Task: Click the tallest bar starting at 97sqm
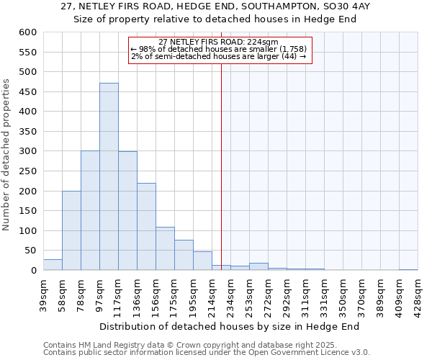(x=109, y=176)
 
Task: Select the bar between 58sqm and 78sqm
(x=71, y=230)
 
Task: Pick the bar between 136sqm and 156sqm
(x=146, y=227)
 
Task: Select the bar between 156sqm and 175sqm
(x=165, y=249)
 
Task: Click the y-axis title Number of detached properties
(x=7, y=155)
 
